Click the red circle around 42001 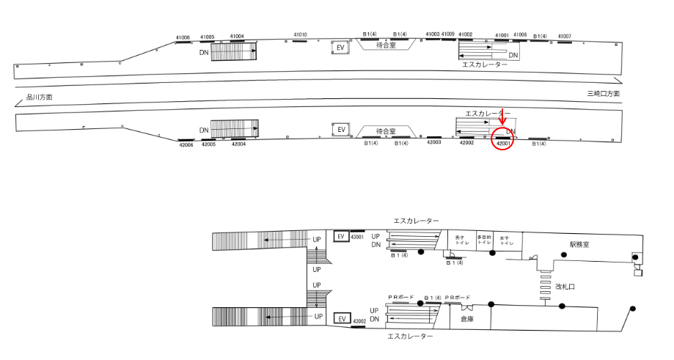(x=502, y=141)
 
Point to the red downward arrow (x=502, y=118)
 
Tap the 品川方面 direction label (x=39, y=97)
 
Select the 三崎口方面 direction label (x=604, y=94)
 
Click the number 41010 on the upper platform (x=300, y=34)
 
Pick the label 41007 (x=564, y=36)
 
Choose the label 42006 (x=186, y=145)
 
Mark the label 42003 (x=434, y=142)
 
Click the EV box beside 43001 (x=340, y=236)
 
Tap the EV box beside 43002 (x=340, y=319)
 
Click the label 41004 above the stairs (x=237, y=36)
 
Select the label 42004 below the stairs (x=238, y=144)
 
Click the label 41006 (x=183, y=37)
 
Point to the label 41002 (x=466, y=34)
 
